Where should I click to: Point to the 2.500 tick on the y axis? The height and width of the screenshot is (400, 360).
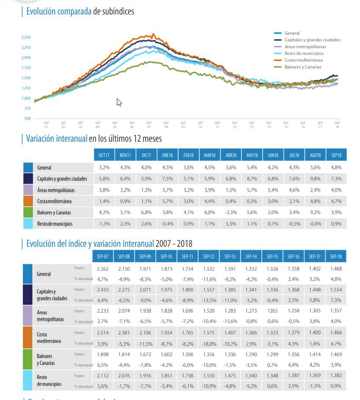pos(26,37)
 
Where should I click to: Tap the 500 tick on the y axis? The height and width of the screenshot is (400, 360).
pos(28,119)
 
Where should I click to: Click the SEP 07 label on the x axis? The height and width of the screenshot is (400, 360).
pos(149,125)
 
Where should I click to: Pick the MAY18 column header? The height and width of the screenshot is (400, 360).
pos(252,155)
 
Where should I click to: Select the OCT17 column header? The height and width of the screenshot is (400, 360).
pos(104,155)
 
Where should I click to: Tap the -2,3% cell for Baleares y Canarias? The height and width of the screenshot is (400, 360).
pos(231,212)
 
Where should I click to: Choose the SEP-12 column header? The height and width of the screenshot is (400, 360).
pos(209,257)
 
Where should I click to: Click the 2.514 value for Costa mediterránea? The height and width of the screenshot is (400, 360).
pos(103,334)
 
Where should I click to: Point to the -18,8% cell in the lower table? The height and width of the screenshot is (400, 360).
pos(209,343)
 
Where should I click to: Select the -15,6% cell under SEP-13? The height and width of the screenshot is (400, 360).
pos(230,322)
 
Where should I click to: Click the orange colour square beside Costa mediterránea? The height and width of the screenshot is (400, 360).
pos(28,201)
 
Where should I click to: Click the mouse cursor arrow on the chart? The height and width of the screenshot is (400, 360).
pos(119,102)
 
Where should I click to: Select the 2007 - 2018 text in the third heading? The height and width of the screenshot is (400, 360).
pos(174,244)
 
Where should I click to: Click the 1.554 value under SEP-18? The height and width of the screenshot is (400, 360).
pos(336,290)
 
